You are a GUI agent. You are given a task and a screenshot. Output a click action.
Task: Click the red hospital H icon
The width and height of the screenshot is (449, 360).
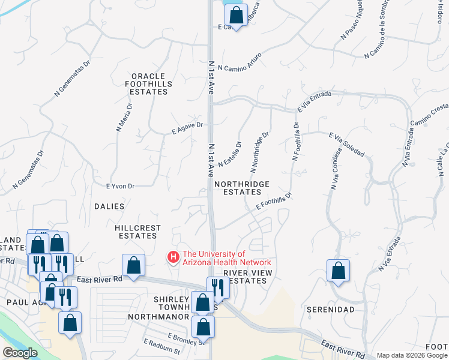pos(173,257)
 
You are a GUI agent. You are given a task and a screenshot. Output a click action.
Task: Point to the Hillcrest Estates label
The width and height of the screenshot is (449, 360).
pos(137,232)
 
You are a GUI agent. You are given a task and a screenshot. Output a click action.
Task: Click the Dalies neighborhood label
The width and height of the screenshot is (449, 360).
pos(109,206)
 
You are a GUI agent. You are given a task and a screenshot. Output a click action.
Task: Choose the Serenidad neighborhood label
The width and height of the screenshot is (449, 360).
pos(330,309)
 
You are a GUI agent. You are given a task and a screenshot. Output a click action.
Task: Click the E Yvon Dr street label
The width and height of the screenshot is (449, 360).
pos(120,186)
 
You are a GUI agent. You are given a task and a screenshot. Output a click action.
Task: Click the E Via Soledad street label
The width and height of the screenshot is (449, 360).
pos(346,145)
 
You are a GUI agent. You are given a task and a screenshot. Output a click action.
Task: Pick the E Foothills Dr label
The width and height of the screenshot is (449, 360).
pos(273,201)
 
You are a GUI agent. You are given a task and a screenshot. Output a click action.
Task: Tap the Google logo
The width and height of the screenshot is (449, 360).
pos(20,353)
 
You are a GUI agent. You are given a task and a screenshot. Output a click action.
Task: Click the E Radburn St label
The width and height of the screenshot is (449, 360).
pos(161,346)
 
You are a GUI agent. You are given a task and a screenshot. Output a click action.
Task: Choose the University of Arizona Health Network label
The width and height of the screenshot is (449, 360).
pos(227,258)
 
